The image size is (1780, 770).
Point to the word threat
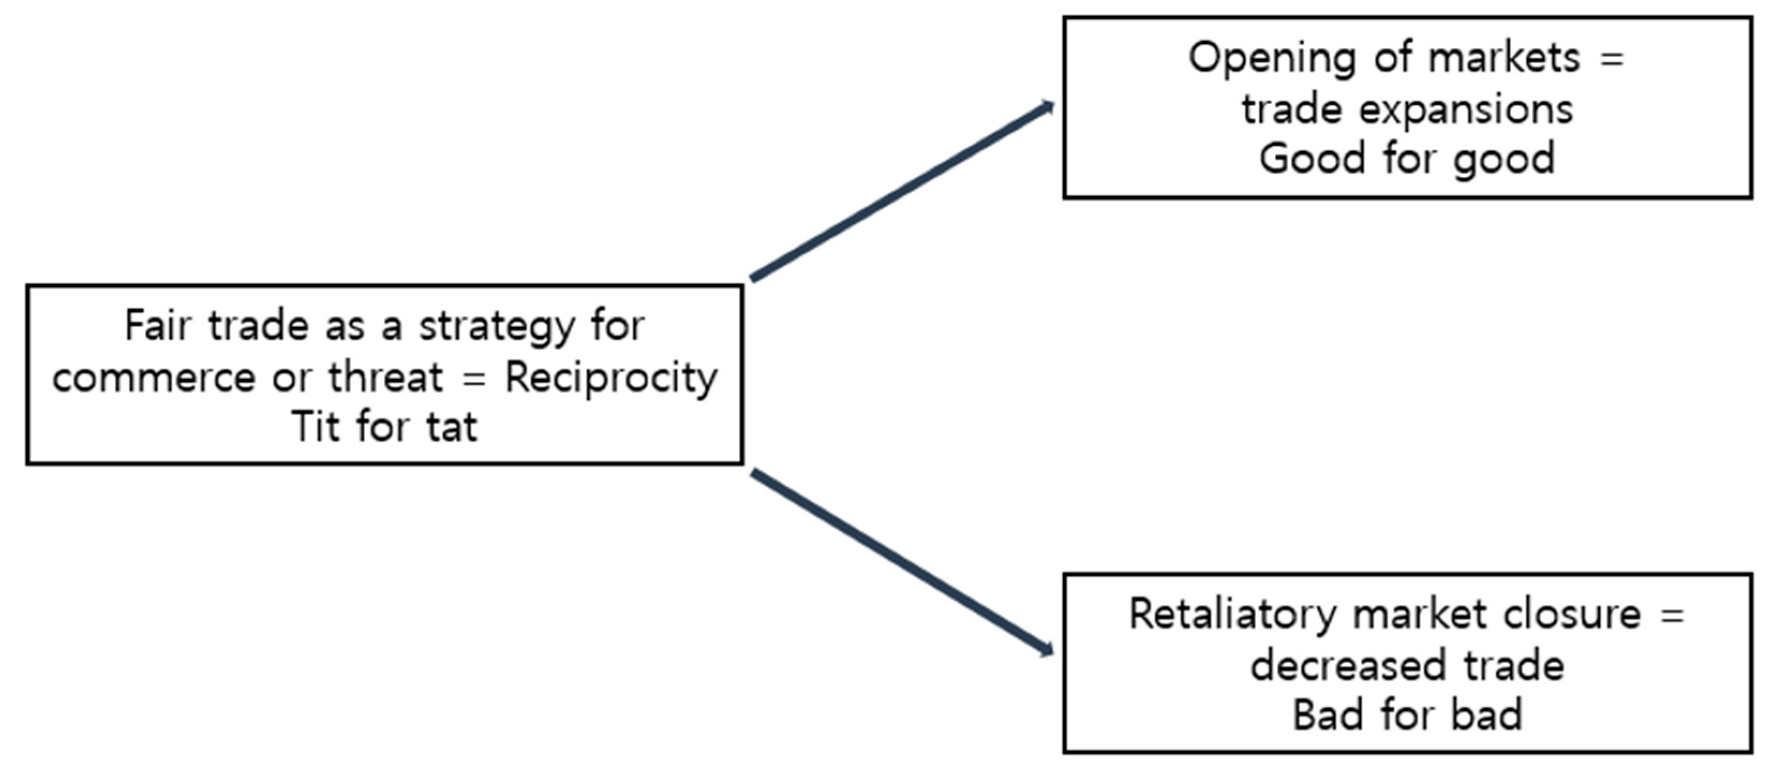tap(385, 377)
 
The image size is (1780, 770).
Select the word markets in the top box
tap(1503, 58)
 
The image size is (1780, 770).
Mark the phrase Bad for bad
tap(1407, 715)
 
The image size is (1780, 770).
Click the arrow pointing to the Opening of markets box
tap(902, 191)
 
